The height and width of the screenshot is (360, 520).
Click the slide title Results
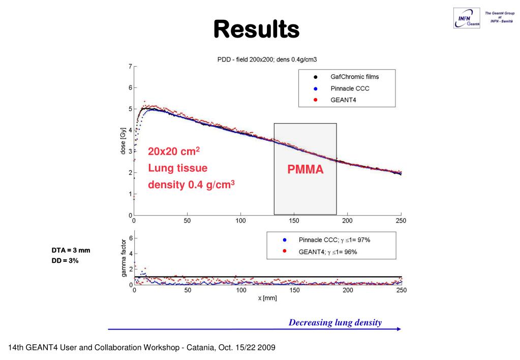click(256, 29)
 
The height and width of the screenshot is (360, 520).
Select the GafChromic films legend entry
click(354, 77)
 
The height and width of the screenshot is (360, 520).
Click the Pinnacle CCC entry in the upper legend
click(350, 88)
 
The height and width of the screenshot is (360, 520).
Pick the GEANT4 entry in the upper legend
click(345, 100)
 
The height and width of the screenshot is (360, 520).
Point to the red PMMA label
click(305, 170)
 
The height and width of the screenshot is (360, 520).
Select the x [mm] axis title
click(267, 298)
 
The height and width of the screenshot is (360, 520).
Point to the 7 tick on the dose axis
click(130, 66)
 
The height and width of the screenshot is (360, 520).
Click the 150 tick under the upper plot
click(294, 221)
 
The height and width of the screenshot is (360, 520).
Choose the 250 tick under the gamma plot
click(401, 290)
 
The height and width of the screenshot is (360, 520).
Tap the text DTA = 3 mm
click(70, 251)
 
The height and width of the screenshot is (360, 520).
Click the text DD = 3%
click(65, 260)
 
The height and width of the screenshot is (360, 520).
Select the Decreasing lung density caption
click(335, 322)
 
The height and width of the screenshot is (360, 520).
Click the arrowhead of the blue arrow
click(399, 329)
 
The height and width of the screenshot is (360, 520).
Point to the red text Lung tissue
click(177, 168)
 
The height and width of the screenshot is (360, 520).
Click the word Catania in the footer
click(196, 348)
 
